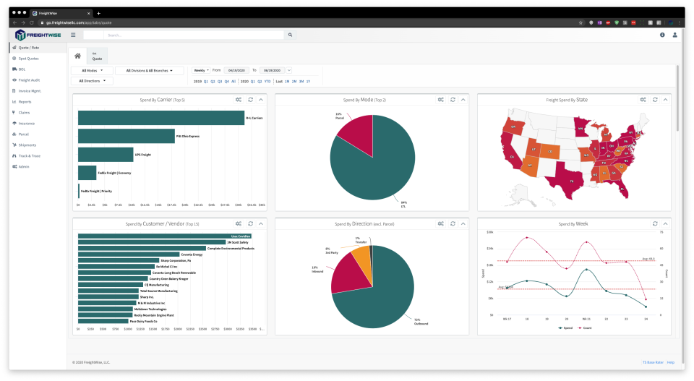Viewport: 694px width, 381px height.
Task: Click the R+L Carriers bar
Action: [160, 118]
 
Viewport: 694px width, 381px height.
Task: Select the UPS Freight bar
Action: [105, 154]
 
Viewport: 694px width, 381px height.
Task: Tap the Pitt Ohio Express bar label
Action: [187, 136]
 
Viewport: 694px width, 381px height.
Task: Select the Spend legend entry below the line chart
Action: [565, 328]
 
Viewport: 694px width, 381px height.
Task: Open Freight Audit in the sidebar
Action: [29, 80]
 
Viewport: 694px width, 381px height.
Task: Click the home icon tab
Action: [77, 56]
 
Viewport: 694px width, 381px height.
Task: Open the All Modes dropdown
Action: [92, 71]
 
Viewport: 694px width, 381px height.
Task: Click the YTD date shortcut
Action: [267, 81]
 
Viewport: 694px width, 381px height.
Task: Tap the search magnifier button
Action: [290, 35]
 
